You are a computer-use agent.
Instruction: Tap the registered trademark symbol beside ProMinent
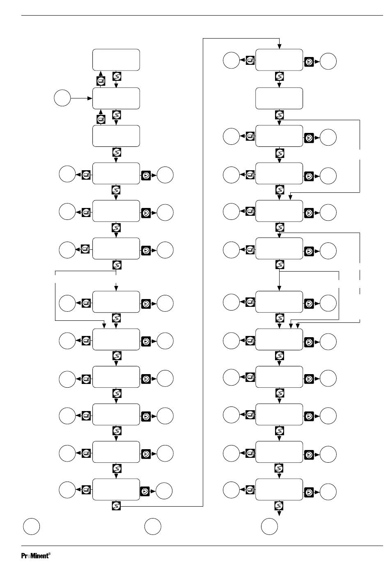point(49,553)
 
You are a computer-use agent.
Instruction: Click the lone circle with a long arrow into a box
point(62,98)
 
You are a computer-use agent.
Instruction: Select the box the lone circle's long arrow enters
point(116,98)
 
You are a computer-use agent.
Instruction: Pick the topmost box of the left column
point(116,60)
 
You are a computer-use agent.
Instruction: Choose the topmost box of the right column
point(279,60)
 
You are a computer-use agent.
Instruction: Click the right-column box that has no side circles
point(279,98)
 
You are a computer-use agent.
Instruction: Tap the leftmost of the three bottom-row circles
point(31,526)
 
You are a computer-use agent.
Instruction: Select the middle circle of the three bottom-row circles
point(153,526)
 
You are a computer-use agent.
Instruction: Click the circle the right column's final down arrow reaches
point(269,526)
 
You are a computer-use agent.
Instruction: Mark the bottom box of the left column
point(116,489)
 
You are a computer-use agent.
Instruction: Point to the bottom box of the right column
point(279,489)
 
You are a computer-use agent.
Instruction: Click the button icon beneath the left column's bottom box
point(116,506)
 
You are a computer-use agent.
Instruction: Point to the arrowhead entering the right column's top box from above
point(279,47)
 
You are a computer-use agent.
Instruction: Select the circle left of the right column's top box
point(231,60)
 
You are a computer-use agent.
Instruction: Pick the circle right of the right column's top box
point(328,61)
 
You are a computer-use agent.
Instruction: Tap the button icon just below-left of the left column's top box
point(101,81)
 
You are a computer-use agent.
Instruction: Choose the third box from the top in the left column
point(116,136)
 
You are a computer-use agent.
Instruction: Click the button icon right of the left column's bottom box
point(145,491)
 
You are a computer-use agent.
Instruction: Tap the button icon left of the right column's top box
point(250,60)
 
